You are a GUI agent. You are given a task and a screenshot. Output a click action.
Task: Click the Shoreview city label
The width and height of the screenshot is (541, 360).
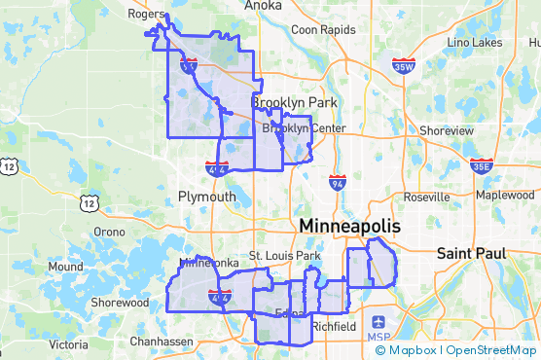445,130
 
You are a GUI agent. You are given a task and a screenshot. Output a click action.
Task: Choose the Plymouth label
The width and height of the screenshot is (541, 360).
206,197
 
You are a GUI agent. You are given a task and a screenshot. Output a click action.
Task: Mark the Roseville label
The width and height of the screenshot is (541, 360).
426,197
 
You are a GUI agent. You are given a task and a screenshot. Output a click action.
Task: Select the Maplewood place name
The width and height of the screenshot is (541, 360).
505,195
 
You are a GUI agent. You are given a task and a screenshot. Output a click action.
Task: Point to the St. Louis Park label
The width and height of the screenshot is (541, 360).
284,256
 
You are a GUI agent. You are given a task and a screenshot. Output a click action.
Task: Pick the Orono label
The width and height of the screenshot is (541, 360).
109,233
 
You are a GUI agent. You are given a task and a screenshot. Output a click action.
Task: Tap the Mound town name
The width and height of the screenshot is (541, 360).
65,267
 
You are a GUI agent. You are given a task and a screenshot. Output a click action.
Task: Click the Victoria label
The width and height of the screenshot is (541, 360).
68,344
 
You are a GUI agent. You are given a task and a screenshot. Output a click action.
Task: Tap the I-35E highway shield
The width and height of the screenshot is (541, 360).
481,166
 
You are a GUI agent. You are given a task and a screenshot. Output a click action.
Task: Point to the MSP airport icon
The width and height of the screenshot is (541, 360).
379,321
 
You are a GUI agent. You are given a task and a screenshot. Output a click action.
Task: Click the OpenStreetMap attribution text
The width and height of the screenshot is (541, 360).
491,350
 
